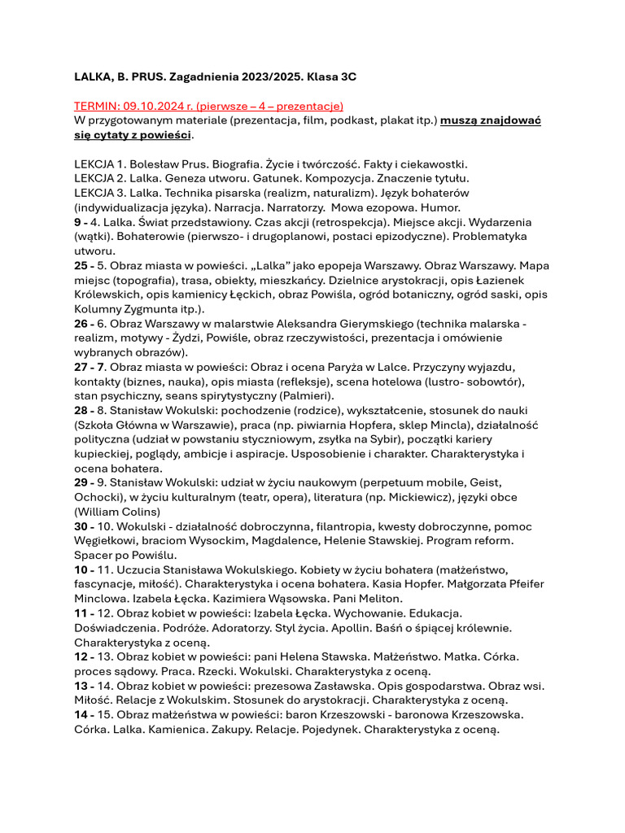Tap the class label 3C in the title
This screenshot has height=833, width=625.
(347, 76)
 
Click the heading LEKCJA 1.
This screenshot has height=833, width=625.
(100, 164)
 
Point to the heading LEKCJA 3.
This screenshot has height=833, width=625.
(101, 194)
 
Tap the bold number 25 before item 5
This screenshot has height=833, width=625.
(81, 267)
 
